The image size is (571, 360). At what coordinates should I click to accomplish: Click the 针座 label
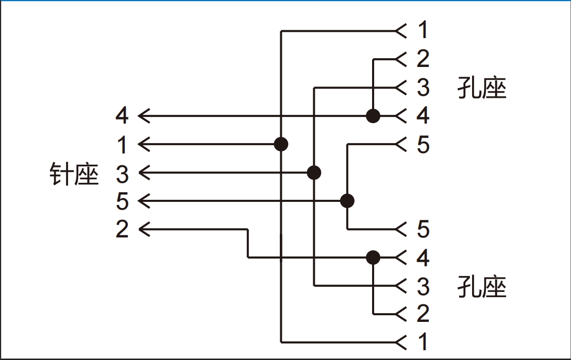tap(74, 174)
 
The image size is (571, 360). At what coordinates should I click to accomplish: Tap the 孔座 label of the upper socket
tap(482, 88)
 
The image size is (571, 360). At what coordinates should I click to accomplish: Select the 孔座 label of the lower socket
tap(482, 287)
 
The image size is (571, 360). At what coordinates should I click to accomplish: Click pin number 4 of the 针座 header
tap(122, 116)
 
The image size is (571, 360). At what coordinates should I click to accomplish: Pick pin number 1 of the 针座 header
tap(123, 145)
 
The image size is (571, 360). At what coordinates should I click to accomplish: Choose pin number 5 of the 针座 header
tap(122, 201)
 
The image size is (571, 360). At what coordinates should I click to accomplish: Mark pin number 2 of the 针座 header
tap(122, 229)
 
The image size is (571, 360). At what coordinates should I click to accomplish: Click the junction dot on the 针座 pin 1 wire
tap(281, 144)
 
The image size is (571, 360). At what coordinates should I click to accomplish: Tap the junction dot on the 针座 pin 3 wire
tap(314, 173)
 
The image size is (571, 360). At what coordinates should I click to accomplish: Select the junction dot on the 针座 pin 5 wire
tap(347, 200)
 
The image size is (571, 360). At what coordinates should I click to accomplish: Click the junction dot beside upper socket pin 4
tap(373, 116)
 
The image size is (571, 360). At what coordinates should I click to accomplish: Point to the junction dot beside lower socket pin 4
tap(373, 258)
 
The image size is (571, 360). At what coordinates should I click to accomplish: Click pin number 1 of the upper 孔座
tap(423, 30)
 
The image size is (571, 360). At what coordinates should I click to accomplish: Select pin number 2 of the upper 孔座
tap(423, 59)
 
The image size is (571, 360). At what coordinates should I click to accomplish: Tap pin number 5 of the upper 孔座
tap(423, 145)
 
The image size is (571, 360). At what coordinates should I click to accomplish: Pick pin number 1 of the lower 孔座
tap(423, 342)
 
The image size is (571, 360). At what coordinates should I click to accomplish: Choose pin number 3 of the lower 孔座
tap(423, 286)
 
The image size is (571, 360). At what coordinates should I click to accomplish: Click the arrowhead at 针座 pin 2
tap(144, 229)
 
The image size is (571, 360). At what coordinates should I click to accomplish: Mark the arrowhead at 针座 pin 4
tap(144, 116)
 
